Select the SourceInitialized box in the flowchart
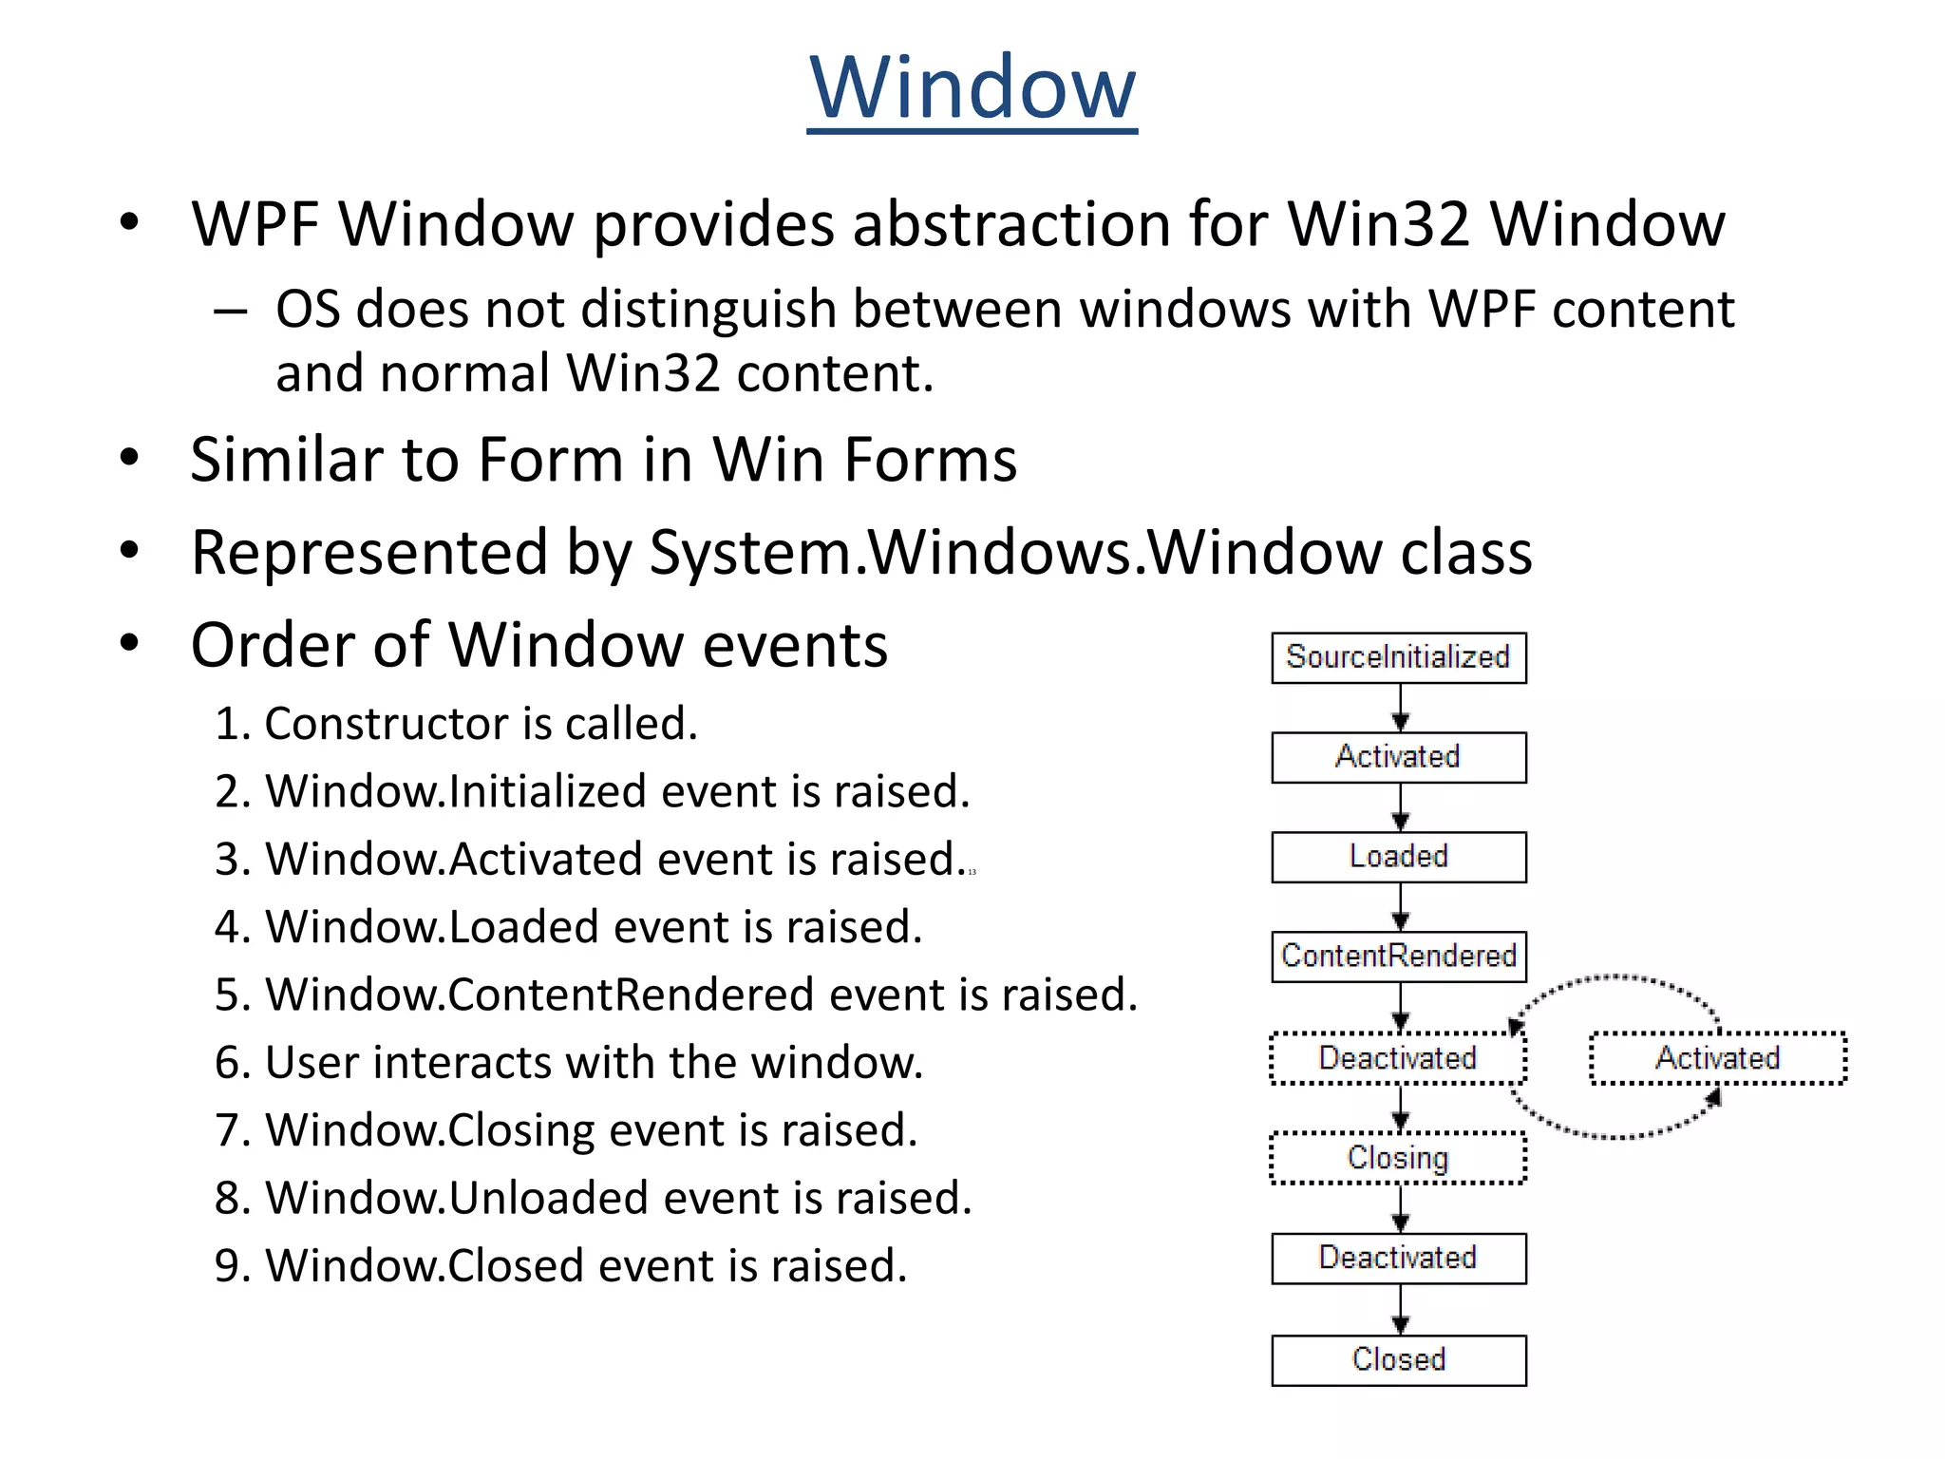pyautogui.click(x=1398, y=657)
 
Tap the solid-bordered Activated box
pyautogui.click(x=1398, y=757)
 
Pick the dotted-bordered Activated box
pyautogui.click(x=1717, y=1058)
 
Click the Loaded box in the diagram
pyautogui.click(x=1398, y=857)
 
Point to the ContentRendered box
pyautogui.click(x=1398, y=956)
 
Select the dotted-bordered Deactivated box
pyautogui.click(x=1398, y=1058)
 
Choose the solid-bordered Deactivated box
pyautogui.click(x=1398, y=1258)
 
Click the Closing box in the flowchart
pyautogui.click(x=1398, y=1158)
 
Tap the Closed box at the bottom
pyautogui.click(x=1398, y=1359)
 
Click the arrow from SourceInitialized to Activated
pyautogui.click(x=1400, y=708)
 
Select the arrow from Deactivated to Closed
pyautogui.click(x=1400, y=1310)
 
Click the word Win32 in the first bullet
pyautogui.click(x=1378, y=225)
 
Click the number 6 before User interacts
pyautogui.click(x=228, y=1063)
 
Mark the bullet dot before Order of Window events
pyautogui.click(x=129, y=643)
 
